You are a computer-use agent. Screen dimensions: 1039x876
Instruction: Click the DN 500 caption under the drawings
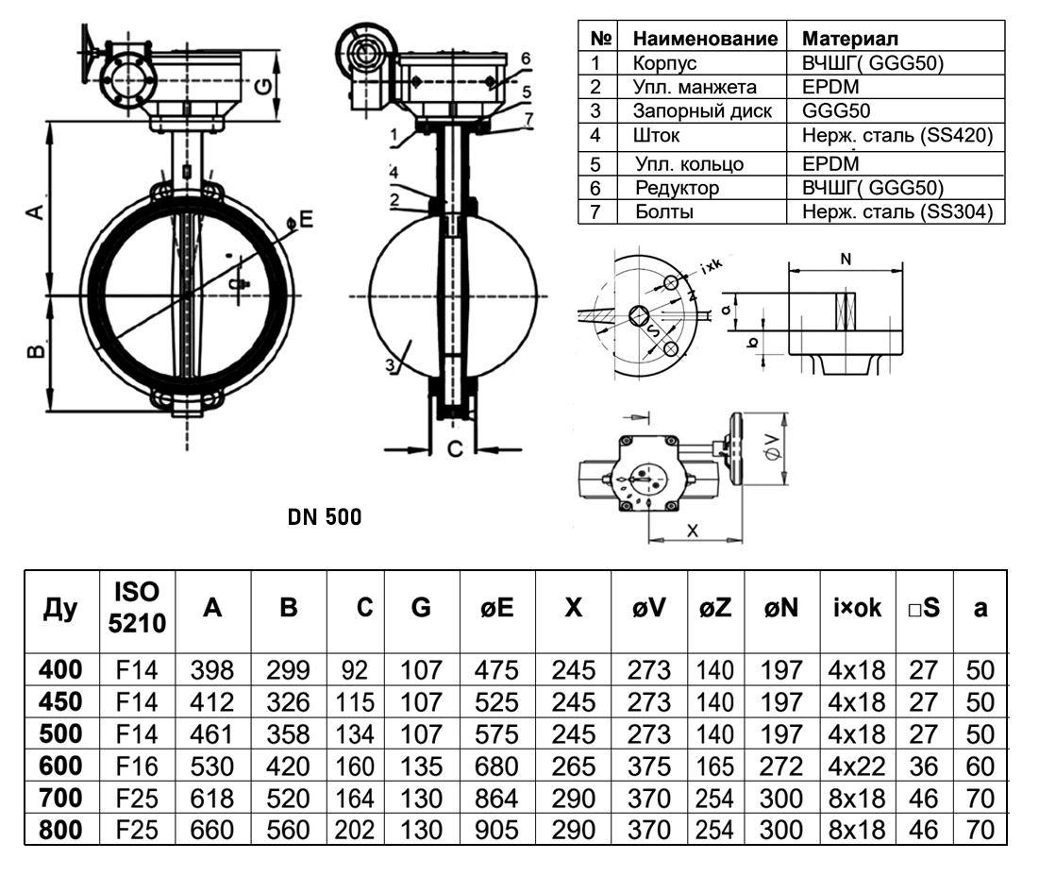[325, 517]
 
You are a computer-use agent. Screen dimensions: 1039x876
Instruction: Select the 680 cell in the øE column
[497, 766]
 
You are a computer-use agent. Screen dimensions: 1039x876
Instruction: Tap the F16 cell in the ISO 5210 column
[137, 766]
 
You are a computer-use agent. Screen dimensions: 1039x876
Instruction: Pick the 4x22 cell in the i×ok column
[857, 766]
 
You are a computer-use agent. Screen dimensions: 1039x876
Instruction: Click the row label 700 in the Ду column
[61, 798]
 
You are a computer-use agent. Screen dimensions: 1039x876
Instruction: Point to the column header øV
[648, 608]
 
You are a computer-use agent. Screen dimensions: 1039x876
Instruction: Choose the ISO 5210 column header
[137, 607]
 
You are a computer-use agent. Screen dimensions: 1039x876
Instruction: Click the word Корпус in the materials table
[664, 63]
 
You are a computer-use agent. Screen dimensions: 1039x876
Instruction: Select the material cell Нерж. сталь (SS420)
[897, 135]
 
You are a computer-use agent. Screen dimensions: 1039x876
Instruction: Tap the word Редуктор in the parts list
[678, 188]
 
